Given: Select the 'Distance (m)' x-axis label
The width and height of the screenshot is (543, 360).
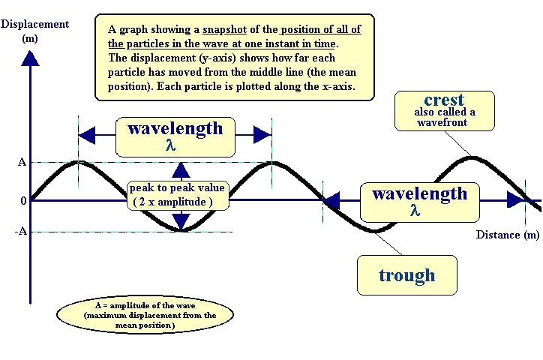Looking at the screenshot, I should point(508,235).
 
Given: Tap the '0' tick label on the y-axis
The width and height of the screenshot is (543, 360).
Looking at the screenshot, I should point(23,200).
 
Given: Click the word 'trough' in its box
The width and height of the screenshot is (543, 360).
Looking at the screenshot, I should point(406,274).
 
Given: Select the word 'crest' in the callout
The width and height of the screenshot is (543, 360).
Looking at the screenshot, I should point(444,100).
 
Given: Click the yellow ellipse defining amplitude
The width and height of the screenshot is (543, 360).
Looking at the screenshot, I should point(135,316).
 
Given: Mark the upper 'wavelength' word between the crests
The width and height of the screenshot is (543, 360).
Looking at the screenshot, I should point(175,127).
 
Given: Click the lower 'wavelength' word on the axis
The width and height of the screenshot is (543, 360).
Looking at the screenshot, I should point(419,193).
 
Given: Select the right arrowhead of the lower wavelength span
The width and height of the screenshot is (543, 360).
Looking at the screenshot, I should point(516,199).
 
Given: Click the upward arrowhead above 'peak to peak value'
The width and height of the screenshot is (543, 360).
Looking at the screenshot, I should point(179,169).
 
